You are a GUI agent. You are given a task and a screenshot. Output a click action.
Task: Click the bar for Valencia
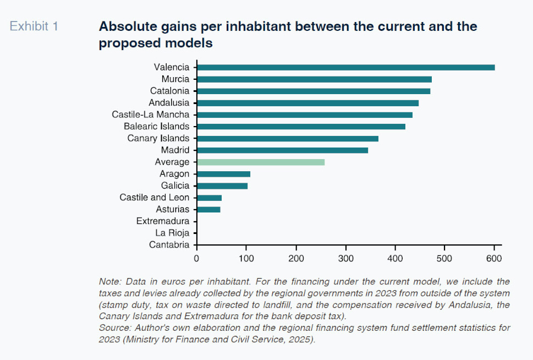coord(345,67)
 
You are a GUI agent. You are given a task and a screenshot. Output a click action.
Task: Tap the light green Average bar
coord(261,162)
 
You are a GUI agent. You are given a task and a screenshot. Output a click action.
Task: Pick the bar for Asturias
coord(208,209)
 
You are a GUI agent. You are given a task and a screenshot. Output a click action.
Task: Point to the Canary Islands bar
coord(288,138)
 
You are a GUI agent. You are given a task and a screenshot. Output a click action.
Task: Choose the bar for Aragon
coord(223,174)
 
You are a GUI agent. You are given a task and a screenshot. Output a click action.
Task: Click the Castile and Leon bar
coord(209,198)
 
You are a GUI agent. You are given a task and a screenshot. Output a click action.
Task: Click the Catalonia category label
coord(169,91)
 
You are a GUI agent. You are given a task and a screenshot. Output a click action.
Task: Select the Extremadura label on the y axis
coord(163,221)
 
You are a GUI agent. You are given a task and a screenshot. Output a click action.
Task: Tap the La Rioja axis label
coord(172,233)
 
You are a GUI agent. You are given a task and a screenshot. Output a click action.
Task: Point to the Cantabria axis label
coord(169,245)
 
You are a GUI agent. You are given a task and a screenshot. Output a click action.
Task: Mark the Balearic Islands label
coord(156,127)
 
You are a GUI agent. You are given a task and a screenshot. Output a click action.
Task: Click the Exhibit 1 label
coord(34,26)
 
